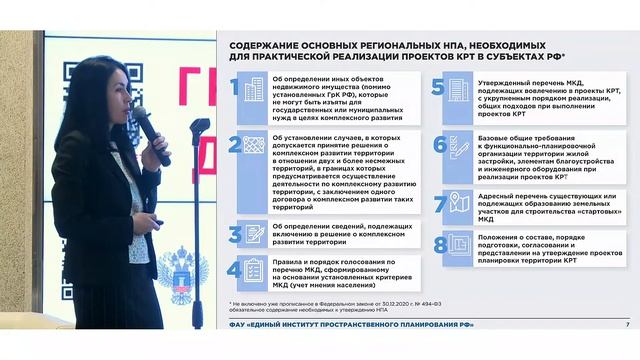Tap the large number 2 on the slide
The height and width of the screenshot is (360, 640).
click(x=233, y=145)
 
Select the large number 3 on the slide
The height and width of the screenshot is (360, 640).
click(x=234, y=234)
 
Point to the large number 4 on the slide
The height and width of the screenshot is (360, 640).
click(x=234, y=269)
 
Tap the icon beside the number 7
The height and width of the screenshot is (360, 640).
click(x=459, y=204)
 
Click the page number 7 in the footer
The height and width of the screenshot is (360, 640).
click(x=627, y=325)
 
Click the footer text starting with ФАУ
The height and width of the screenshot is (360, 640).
click(x=351, y=325)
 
